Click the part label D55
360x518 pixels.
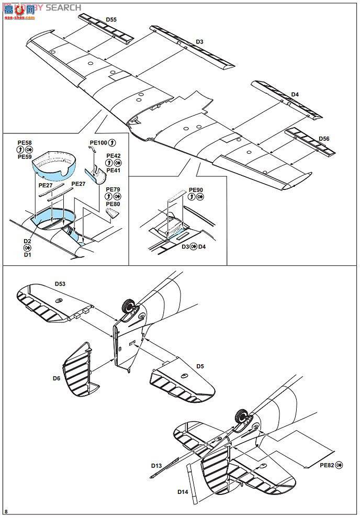point(111,19)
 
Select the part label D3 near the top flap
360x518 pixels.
point(199,41)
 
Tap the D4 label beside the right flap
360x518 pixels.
point(295,94)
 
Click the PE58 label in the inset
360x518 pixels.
point(25,142)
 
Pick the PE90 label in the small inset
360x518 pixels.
point(195,190)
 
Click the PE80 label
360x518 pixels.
point(113,204)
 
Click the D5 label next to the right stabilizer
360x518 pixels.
point(200,366)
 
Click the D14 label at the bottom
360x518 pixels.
point(183,492)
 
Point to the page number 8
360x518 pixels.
point(6,511)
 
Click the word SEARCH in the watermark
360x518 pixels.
point(63,7)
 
